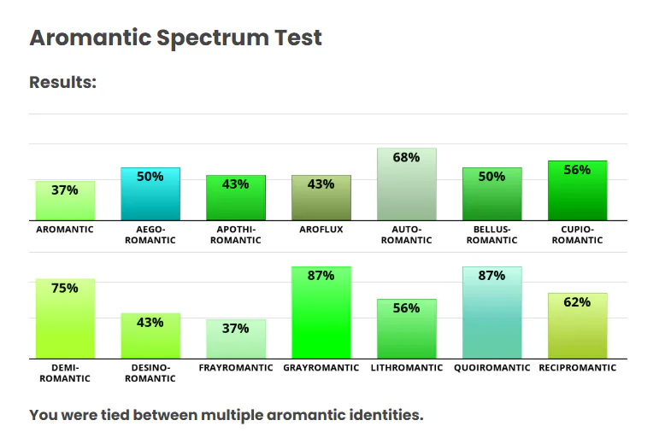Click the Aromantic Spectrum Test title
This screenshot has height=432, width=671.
coord(175,38)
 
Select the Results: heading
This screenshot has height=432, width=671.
coord(62,83)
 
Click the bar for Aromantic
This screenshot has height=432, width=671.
coord(65,201)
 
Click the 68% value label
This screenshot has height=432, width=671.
coord(407,157)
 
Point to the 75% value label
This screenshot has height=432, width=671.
coord(65,289)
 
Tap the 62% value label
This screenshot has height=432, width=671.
coord(578,302)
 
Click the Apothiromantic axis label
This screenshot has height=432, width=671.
coord(236,235)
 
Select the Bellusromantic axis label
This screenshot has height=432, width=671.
coord(492,235)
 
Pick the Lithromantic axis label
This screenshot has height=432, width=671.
coord(407,368)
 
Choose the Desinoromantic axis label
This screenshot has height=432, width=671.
coord(150,373)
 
